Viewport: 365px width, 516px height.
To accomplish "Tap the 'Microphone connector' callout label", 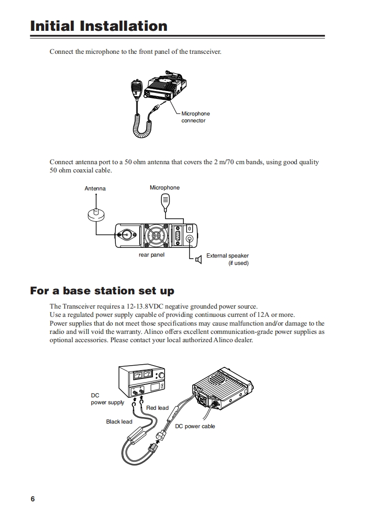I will [x=195, y=117].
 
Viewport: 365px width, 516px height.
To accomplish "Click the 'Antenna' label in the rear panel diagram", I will [x=95, y=189].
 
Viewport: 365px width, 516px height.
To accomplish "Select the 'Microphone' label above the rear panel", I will [x=165, y=188].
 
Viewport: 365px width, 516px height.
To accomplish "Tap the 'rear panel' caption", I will [x=151, y=255].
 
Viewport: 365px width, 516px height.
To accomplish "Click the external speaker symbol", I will [x=199, y=260].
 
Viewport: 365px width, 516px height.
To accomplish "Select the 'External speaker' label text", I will [x=228, y=256].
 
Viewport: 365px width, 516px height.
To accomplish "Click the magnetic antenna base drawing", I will [x=96, y=215].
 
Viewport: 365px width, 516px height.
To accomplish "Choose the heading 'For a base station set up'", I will [x=102, y=291].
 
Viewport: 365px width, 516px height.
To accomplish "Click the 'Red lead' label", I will [x=157, y=408].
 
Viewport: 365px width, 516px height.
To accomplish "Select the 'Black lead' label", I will [x=119, y=422].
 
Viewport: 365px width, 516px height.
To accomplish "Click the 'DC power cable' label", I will [x=195, y=426].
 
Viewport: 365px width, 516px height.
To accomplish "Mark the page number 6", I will [x=33, y=499].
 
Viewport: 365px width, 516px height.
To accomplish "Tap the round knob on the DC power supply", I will [x=161, y=376].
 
